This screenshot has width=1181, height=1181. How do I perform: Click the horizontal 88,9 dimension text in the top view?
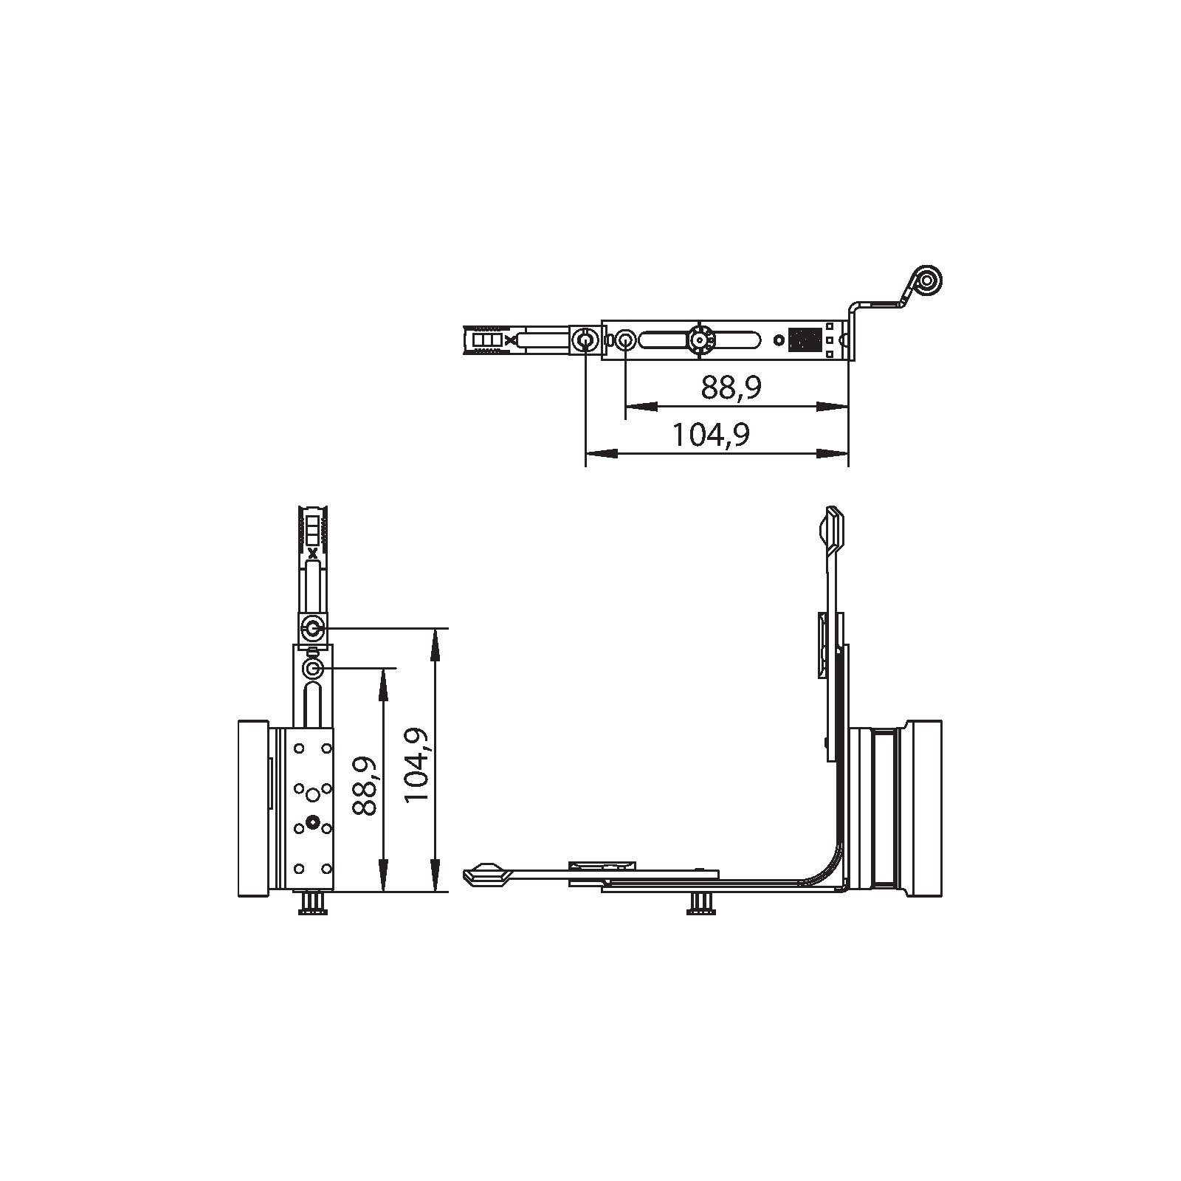point(731,387)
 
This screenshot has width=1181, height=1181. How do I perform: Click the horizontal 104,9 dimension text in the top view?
point(710,435)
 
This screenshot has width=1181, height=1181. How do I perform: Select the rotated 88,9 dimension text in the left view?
point(365,785)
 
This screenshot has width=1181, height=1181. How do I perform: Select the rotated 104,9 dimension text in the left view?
point(417,765)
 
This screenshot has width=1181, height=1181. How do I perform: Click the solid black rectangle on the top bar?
point(804,340)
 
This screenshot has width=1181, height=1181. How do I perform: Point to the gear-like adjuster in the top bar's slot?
point(698,340)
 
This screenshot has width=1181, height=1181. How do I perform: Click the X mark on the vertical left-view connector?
point(313,553)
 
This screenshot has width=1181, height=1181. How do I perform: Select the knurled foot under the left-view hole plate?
point(313,904)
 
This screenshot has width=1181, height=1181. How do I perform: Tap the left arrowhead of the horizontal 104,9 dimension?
point(599,453)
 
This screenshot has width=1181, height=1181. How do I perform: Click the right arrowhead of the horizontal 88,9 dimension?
point(834,406)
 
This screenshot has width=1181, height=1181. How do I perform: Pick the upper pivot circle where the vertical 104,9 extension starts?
point(313,629)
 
